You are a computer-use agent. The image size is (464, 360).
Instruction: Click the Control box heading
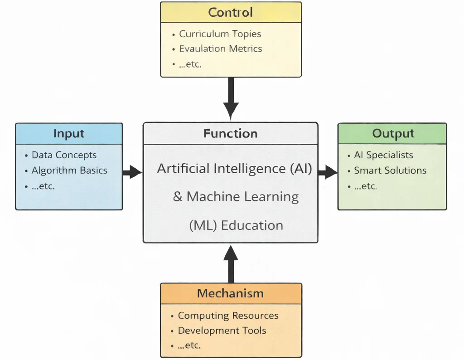[x=231, y=12]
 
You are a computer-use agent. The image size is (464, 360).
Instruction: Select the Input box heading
[x=69, y=133]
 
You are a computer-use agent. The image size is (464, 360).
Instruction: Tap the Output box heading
[x=393, y=133]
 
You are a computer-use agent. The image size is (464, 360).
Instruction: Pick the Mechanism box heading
[x=230, y=293]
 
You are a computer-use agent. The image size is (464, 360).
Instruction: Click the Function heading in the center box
[x=230, y=133]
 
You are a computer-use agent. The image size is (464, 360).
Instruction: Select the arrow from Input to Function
[x=132, y=172]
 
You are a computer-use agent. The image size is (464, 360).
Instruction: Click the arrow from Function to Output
[x=328, y=172]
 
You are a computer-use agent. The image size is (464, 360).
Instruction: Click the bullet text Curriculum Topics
[x=220, y=34]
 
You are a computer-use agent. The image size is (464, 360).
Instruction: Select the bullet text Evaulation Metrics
[x=220, y=49]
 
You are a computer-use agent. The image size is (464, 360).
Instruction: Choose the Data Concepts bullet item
[x=64, y=155]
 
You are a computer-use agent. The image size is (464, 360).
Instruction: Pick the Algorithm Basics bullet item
[x=69, y=170]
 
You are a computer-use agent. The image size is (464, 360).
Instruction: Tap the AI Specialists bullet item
[x=383, y=155]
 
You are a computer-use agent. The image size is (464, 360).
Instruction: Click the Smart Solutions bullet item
[x=390, y=170]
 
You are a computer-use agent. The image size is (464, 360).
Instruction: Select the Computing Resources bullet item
[x=228, y=316]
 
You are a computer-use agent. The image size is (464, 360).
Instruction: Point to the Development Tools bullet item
[x=222, y=331]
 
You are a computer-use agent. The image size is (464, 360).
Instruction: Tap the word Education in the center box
[x=251, y=225]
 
